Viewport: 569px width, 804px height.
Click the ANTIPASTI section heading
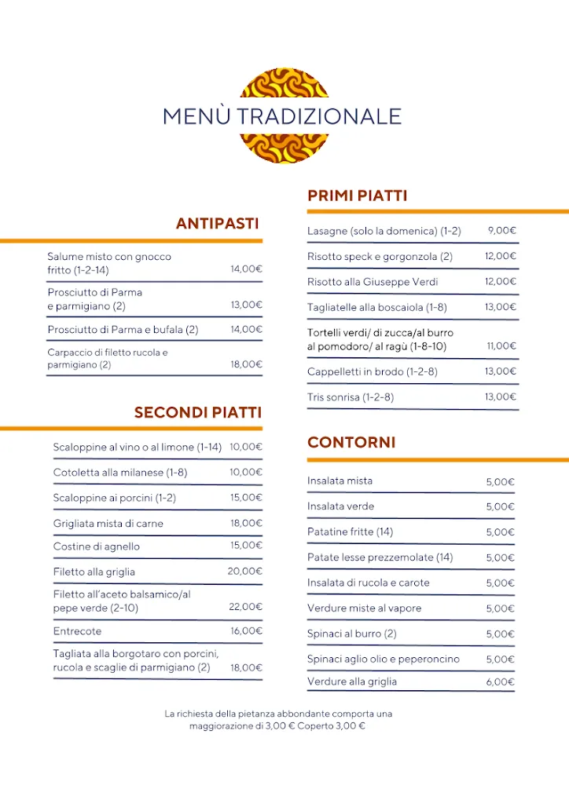coord(217,224)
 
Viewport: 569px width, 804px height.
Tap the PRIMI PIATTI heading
coord(357,196)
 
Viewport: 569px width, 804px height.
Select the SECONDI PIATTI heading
coord(197,412)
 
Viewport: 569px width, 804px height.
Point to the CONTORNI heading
coord(351,442)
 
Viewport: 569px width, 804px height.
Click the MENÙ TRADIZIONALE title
coord(282,116)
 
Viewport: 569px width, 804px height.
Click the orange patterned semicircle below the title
coord(284,148)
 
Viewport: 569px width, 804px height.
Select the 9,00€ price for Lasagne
coord(501,231)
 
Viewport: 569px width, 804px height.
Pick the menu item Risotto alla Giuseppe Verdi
coord(373,282)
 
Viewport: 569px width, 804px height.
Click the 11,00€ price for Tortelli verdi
coord(501,345)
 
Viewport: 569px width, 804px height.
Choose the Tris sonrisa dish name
coord(351,397)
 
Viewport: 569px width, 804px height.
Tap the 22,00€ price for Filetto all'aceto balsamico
coord(245,607)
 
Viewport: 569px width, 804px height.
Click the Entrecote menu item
coord(77,631)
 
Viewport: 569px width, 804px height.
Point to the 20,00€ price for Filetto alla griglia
coord(245,572)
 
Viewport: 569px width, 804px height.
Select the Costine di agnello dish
coord(97,546)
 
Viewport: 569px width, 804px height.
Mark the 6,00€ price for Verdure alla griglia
coord(500,682)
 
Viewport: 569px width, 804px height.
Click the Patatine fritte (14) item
coord(350,532)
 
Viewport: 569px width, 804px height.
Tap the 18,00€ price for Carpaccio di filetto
coord(246,364)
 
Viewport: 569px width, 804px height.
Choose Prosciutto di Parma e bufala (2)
coord(123,330)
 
